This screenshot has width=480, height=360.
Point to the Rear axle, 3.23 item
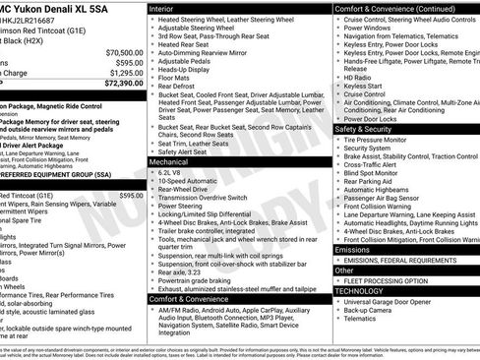point(188,269)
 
